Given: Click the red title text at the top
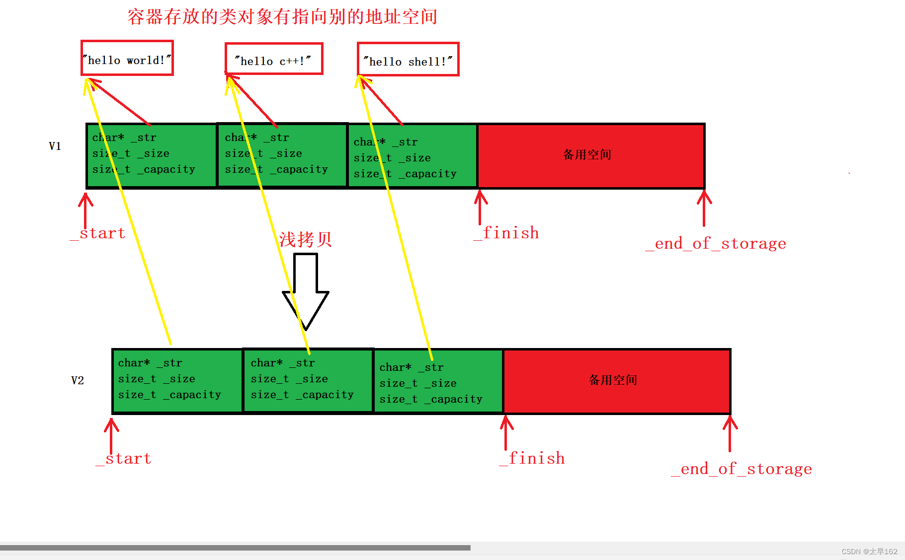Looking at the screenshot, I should pos(282,17).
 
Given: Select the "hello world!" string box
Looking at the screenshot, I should pos(127,58).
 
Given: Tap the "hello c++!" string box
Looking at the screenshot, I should pos(274,59).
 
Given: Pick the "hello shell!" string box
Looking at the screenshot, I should pos(408,60).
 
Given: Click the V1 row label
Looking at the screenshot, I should pos(55,146).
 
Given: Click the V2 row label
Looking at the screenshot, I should pos(78,381).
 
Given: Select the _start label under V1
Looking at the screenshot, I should pos(98,233).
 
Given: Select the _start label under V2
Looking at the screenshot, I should pos(124,459).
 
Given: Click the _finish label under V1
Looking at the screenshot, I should pos(506,233).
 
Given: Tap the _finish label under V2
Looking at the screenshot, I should pos(532,458).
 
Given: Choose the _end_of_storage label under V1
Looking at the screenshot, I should pos(716,244).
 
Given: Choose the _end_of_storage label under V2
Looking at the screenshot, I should pos(741,469).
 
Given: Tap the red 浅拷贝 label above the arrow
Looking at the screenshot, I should pos(305,240).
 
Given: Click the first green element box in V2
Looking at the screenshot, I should pos(177,381).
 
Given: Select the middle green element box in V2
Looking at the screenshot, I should pos(308,381).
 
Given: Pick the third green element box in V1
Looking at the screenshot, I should pos(412,156).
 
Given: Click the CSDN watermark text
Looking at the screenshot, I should pos(869,552).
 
